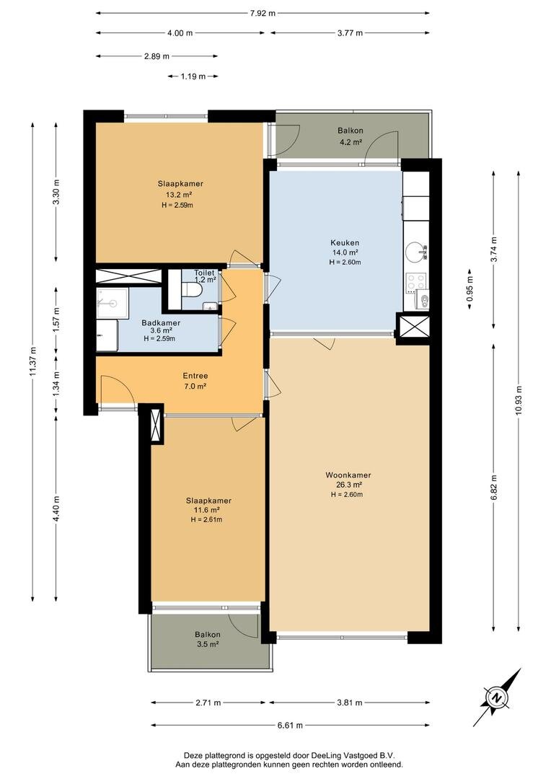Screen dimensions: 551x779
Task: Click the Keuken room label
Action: (344, 243)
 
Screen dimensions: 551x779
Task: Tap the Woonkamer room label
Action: (348, 475)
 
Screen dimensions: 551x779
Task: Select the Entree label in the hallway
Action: (195, 376)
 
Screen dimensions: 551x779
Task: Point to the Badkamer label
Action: (161, 323)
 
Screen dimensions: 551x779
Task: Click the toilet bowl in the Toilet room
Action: (191, 290)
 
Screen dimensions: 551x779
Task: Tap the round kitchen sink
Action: (415, 252)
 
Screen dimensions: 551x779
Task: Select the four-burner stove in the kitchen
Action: (416, 283)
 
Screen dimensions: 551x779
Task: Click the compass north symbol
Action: (496, 697)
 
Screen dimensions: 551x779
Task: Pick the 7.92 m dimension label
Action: (263, 14)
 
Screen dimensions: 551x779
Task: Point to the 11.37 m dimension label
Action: (32, 360)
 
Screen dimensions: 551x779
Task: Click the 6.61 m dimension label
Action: (290, 726)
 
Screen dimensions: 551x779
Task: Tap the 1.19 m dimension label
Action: (193, 76)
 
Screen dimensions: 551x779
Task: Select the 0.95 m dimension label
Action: (470, 290)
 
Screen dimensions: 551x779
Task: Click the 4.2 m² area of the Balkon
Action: (351, 141)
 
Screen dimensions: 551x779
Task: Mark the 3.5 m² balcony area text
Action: (208, 644)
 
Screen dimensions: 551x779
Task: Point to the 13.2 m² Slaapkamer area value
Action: (180, 195)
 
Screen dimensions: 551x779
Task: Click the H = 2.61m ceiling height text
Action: (206, 519)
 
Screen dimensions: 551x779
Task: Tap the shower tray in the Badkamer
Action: (113, 302)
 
